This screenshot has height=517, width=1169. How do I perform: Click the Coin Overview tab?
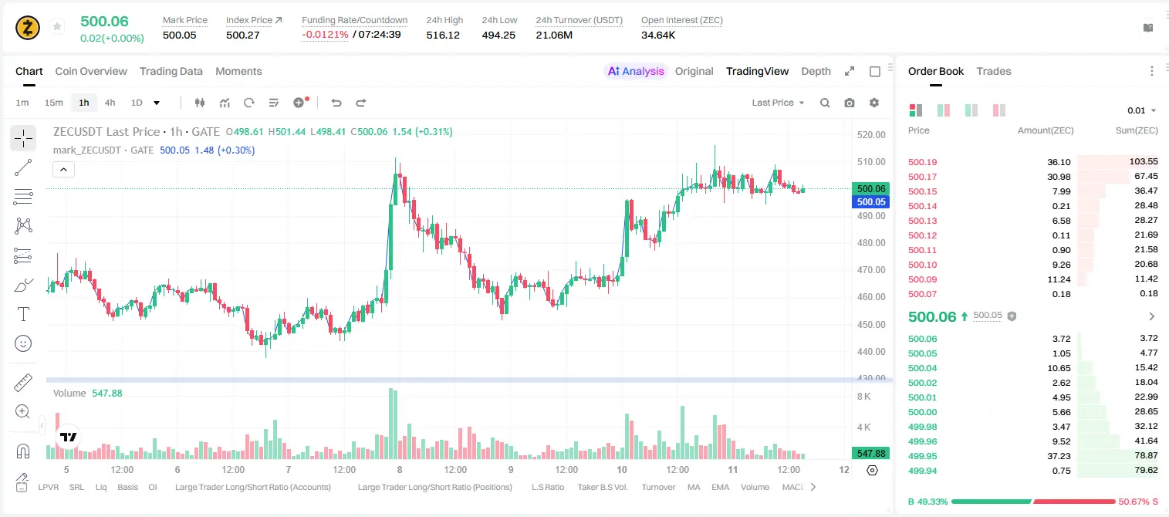click(x=91, y=71)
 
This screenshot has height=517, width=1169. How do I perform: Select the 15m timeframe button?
click(x=54, y=103)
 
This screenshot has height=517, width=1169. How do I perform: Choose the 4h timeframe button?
click(x=110, y=103)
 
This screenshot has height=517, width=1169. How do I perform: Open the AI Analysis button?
click(x=636, y=71)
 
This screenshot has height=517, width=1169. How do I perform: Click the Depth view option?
click(x=816, y=71)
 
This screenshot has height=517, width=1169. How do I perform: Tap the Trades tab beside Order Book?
click(x=994, y=71)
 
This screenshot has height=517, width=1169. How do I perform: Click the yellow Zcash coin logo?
click(x=28, y=28)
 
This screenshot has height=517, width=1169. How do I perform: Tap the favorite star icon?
click(x=57, y=26)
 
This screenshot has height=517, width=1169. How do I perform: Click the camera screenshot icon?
click(x=850, y=103)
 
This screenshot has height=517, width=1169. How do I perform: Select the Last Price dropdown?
click(x=778, y=103)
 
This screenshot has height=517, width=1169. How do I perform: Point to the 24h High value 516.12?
click(x=443, y=35)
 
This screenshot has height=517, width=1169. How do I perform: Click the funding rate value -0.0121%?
click(x=325, y=35)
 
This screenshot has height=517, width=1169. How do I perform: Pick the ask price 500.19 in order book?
click(x=922, y=162)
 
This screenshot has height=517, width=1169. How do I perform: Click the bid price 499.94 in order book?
click(x=922, y=471)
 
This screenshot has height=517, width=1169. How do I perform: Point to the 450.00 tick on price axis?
click(x=871, y=325)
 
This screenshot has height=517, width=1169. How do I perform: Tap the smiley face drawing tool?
click(x=23, y=343)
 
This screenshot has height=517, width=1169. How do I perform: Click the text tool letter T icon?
click(x=23, y=314)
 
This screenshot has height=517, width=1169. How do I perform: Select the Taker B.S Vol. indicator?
click(x=602, y=487)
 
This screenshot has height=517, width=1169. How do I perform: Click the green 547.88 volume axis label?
click(x=870, y=454)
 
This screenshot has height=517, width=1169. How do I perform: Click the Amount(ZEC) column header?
click(x=1046, y=130)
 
